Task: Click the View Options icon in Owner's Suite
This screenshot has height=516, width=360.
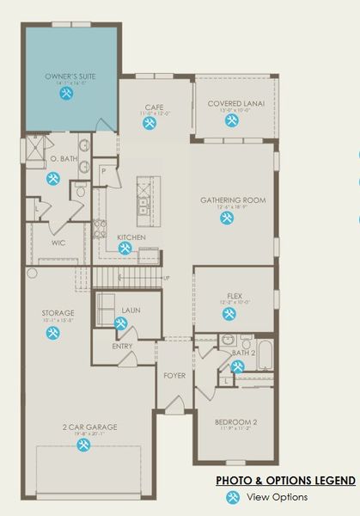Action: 66,95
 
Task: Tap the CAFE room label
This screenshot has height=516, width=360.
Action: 154,107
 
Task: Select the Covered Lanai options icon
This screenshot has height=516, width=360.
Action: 231,121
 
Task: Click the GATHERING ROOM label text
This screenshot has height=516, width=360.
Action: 233,200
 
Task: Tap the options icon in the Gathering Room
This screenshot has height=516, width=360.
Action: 227,218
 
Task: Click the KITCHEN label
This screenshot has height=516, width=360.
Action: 131,237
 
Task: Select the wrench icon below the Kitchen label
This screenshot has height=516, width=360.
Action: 125,249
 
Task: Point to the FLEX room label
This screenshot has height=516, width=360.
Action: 235,295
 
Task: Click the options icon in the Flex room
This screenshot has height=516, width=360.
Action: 229,314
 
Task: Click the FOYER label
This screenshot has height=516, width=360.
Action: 174,376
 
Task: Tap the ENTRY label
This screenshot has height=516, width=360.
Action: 123,347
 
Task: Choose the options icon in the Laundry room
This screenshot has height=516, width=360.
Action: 120,323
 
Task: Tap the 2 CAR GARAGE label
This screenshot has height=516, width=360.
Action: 89,427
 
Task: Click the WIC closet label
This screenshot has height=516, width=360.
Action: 59,243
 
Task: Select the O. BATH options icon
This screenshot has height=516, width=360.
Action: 53,178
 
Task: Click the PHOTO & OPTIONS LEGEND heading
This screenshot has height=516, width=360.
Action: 285,481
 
